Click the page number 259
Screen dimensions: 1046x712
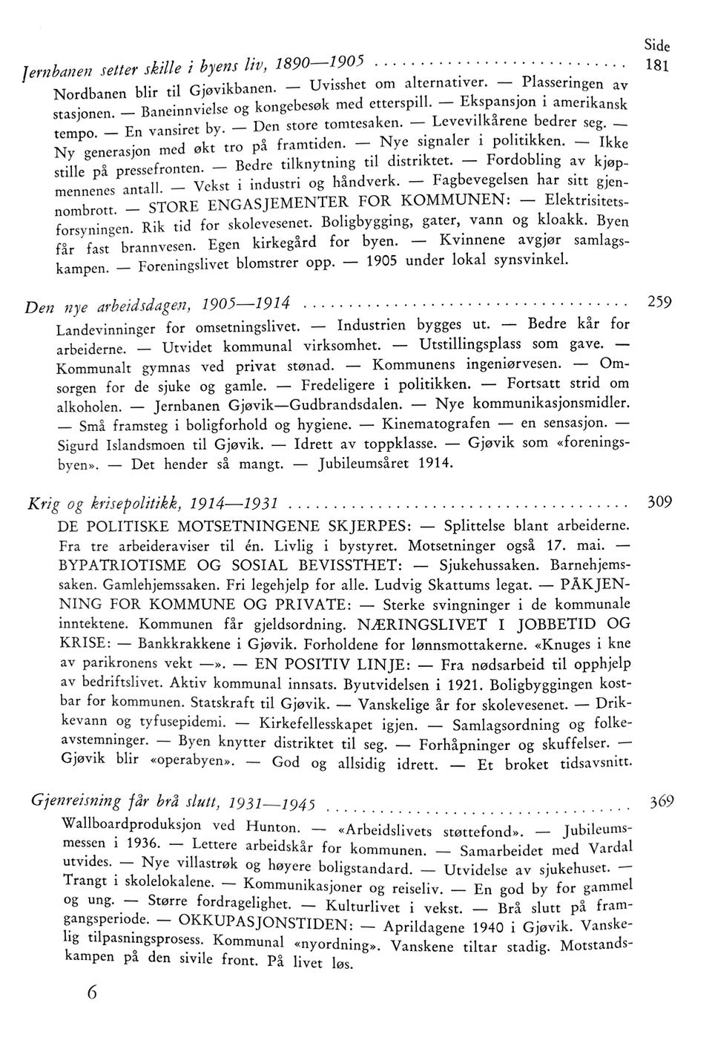click(x=659, y=303)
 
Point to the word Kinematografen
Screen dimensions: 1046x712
click(x=436, y=424)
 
